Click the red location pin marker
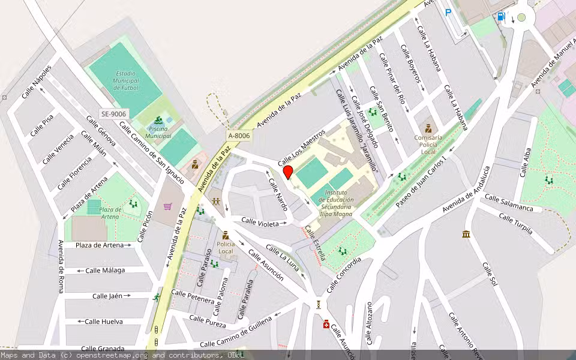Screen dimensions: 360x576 point(288,172)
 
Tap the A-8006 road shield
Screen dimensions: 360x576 point(239,136)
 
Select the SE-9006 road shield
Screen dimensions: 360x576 point(113,114)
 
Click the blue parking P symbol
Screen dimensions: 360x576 point(448,11)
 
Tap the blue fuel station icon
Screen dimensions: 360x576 point(500,17)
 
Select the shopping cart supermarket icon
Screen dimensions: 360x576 point(168,207)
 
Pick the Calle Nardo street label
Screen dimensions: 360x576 point(278,193)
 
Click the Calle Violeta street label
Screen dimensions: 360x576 point(260,222)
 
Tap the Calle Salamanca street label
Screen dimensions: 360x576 point(509,203)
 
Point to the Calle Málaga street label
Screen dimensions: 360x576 point(105,270)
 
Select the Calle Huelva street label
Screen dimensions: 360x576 point(104,322)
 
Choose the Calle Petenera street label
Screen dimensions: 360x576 point(193,296)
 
